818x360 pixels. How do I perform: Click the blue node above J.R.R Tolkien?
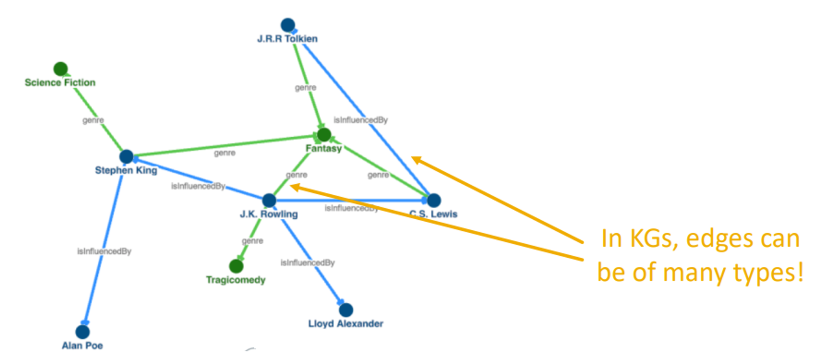[x=288, y=25]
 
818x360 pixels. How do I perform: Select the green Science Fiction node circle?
[x=61, y=69]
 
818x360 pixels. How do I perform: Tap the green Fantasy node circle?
[x=324, y=134]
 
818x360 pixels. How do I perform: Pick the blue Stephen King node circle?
[x=126, y=156]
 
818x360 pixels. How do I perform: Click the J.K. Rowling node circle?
[x=269, y=200]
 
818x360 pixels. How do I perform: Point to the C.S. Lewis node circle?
[x=434, y=200]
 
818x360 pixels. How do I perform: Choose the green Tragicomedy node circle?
[x=236, y=266]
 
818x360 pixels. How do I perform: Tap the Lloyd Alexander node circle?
[x=346, y=310]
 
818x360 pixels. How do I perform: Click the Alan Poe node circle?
[x=83, y=332]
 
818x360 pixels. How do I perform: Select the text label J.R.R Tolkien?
[x=287, y=39]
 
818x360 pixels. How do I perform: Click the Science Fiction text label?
[x=60, y=83]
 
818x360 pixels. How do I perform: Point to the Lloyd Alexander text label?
[x=346, y=324]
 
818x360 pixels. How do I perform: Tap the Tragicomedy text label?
[x=236, y=280]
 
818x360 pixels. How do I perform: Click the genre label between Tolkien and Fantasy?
[x=306, y=88]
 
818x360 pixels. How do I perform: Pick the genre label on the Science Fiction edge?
[x=93, y=120]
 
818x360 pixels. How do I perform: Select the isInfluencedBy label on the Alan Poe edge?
[x=104, y=251]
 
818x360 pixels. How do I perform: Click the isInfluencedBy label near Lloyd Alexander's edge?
[x=308, y=263]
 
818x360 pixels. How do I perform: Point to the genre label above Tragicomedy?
[x=252, y=241]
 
